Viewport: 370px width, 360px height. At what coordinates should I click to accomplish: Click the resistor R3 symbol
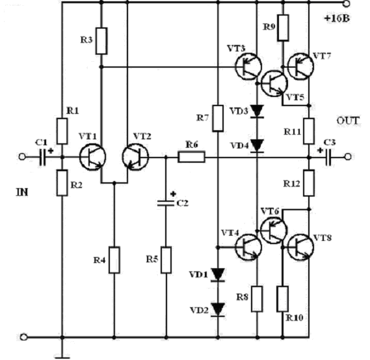point(101,41)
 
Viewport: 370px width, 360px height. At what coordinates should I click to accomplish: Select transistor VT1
point(92,158)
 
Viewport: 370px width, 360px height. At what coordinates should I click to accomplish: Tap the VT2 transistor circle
point(135,158)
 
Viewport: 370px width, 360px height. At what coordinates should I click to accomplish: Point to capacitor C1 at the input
point(43,157)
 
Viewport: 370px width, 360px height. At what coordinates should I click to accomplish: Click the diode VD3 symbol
point(257,111)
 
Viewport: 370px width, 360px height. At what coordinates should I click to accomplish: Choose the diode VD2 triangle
point(218,310)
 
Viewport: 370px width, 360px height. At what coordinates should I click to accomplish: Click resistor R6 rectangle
point(191,157)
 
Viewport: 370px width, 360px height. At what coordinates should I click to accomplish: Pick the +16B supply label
point(337,18)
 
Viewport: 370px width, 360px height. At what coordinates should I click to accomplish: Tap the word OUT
point(348,121)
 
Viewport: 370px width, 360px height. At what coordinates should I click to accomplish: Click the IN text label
point(22,193)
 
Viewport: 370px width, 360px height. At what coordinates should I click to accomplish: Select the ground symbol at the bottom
point(62,357)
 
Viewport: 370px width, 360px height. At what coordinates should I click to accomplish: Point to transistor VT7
point(300,66)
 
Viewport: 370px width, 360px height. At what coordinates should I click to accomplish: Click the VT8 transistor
point(300,247)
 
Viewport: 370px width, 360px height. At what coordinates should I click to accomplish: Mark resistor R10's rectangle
point(283,299)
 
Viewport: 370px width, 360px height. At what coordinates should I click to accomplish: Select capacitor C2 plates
point(166,203)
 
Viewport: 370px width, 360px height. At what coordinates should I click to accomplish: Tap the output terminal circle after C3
point(348,157)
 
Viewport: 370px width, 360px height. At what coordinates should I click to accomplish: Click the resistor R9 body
point(283,27)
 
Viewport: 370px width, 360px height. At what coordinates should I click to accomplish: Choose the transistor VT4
point(248,247)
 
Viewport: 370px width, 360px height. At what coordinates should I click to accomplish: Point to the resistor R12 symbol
point(309,183)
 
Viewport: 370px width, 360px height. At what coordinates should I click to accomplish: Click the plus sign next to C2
point(173,194)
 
